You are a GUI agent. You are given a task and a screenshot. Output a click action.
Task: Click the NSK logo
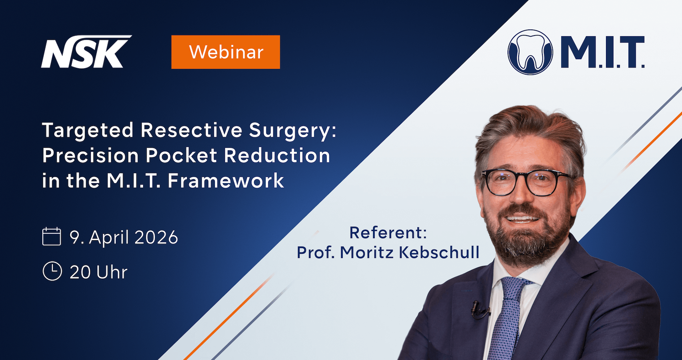86,52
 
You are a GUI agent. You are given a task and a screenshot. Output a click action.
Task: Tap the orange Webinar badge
226,52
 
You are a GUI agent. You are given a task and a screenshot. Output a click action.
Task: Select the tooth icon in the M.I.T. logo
530,52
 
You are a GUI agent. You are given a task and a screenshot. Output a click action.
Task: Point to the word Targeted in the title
88,131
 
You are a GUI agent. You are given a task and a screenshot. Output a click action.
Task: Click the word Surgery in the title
292,131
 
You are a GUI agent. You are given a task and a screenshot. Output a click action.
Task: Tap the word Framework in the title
226,181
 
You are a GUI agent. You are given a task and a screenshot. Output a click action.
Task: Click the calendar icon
52,236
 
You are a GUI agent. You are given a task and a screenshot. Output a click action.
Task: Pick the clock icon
52,271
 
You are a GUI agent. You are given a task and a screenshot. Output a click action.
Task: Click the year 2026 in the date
156,237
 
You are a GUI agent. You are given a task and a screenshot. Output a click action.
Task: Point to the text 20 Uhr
98,272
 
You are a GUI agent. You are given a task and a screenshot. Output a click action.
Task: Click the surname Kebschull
439,252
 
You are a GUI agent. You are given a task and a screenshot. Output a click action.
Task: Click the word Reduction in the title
277,156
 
